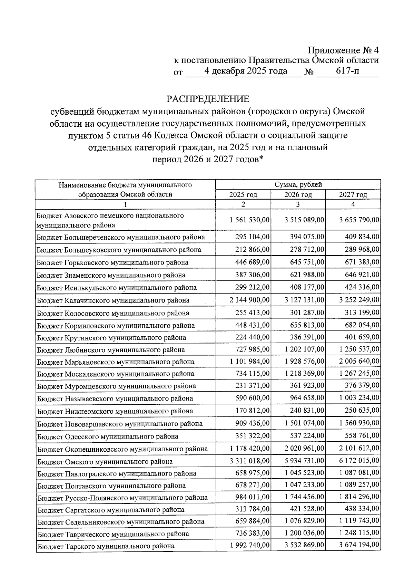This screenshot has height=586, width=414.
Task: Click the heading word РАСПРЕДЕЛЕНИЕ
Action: (208, 99)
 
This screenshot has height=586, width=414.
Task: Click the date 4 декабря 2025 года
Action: (245, 71)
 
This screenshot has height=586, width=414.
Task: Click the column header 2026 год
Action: (298, 195)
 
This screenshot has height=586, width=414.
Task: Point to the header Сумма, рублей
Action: (298, 185)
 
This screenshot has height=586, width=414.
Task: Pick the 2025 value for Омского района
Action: (249, 461)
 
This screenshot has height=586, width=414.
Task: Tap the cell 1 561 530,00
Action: (249, 220)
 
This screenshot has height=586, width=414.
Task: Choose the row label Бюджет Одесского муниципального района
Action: (108, 436)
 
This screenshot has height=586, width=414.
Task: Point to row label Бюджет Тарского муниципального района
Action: (106, 546)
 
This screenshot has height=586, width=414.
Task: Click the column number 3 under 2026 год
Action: (298, 204)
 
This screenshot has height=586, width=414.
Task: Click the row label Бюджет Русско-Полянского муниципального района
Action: (122, 498)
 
